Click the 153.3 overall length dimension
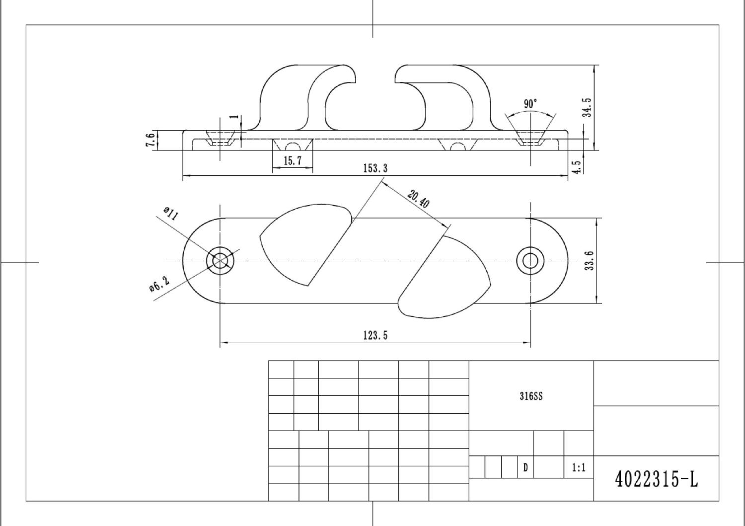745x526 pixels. (375, 168)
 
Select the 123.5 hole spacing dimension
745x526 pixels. (375, 336)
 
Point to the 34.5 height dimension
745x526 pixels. (588, 107)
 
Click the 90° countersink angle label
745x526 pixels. (530, 104)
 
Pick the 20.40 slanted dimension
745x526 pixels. (419, 199)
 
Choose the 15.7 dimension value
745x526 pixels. (293, 161)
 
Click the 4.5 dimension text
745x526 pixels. (577, 166)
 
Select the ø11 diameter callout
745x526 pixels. (170, 214)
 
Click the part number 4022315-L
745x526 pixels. (656, 479)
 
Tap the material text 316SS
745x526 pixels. (531, 396)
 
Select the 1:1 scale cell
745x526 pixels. (579, 467)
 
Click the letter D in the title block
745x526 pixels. (525, 467)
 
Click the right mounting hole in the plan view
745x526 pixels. (530, 260)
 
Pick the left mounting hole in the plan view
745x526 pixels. (220, 260)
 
